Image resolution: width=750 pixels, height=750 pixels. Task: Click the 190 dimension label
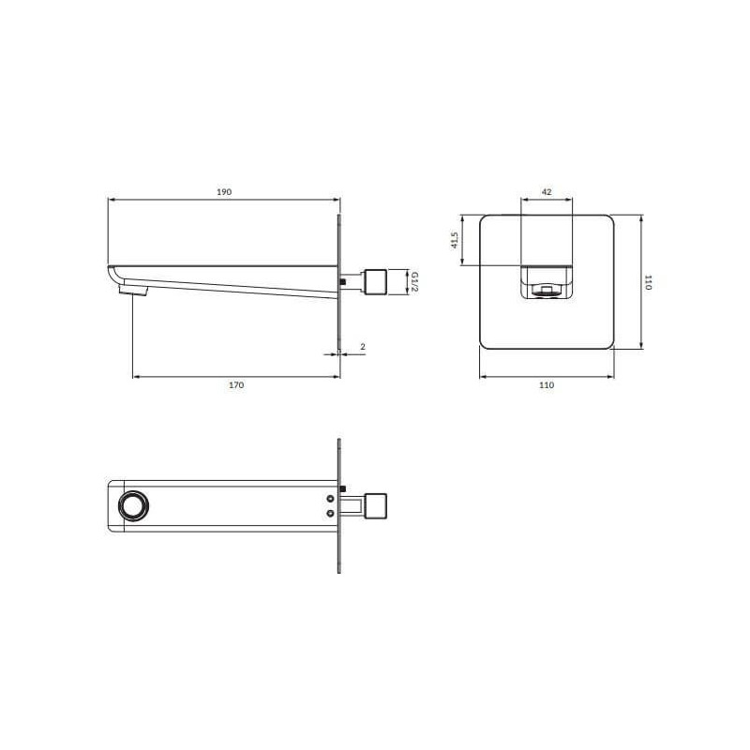[x=224, y=192]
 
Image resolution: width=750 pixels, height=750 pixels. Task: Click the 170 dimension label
[x=236, y=385]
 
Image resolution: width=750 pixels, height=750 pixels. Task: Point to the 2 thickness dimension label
[x=363, y=346]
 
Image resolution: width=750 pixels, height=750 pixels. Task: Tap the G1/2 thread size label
[x=414, y=282]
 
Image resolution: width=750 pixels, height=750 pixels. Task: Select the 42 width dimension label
[x=547, y=192]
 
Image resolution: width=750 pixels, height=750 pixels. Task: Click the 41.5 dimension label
[x=455, y=240]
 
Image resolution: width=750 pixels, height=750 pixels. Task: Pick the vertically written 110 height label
[x=648, y=282]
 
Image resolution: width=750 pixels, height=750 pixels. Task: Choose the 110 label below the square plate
[x=547, y=385]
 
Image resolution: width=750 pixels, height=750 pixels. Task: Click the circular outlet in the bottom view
[x=134, y=506]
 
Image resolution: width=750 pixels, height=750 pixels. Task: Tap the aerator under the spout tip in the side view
[x=134, y=290]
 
